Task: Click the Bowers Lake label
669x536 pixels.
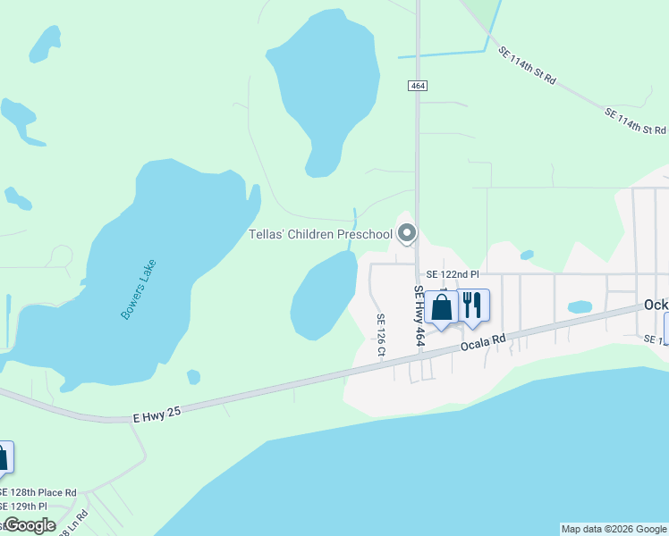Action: (138, 289)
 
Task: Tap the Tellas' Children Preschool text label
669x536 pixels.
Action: (320, 235)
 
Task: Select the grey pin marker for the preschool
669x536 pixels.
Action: (407, 233)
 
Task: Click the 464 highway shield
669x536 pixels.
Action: (417, 86)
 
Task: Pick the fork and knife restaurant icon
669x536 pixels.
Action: (474, 305)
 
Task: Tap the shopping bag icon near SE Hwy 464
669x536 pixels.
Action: (442, 306)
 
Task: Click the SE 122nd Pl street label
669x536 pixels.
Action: (453, 274)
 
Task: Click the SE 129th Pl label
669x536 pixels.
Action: (25, 507)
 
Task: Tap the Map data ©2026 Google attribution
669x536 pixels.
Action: (614, 529)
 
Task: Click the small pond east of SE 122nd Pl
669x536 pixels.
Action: (580, 306)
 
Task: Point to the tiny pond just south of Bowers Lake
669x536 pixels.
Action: (193, 377)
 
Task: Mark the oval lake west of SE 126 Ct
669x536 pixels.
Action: (323, 295)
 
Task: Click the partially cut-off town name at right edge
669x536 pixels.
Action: (656, 305)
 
